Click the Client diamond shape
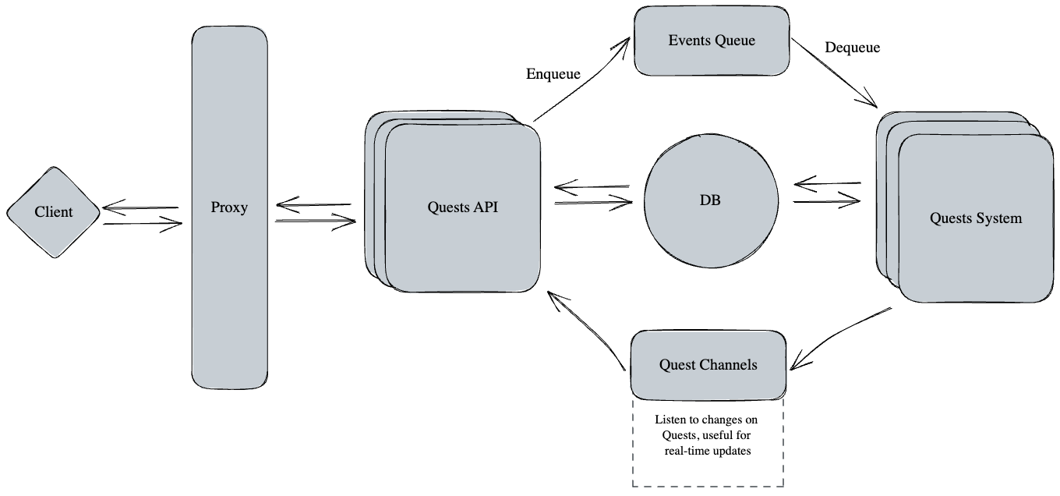[53, 212]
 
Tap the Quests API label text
[463, 207]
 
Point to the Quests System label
[975, 218]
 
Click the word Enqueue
[553, 74]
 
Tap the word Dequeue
[852, 48]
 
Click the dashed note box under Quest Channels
[708, 468]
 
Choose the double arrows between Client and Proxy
[142, 215]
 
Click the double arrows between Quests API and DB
[592, 195]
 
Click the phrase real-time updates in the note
[708, 452]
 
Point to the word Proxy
[229, 207]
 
